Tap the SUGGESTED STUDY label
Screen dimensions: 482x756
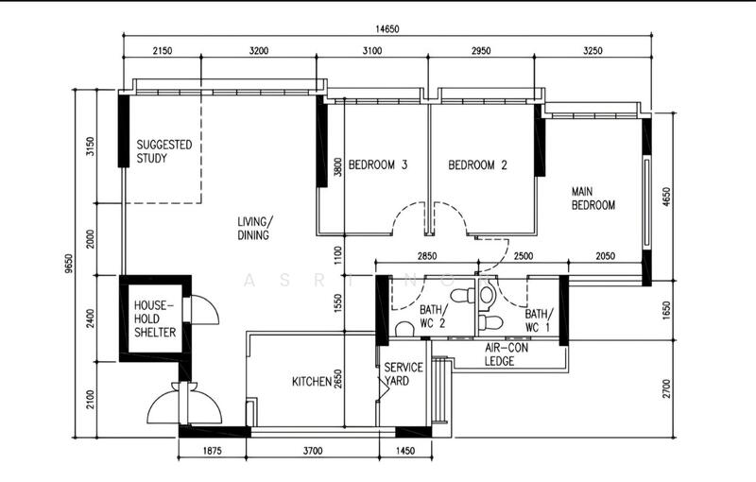(x=164, y=151)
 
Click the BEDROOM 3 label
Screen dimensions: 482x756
(x=378, y=165)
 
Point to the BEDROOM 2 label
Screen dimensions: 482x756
(x=477, y=165)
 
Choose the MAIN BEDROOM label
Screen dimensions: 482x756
(x=593, y=198)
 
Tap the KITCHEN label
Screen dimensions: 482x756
(x=311, y=382)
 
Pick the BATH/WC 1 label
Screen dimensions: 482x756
(x=539, y=320)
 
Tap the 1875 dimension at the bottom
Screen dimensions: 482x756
(x=212, y=452)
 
